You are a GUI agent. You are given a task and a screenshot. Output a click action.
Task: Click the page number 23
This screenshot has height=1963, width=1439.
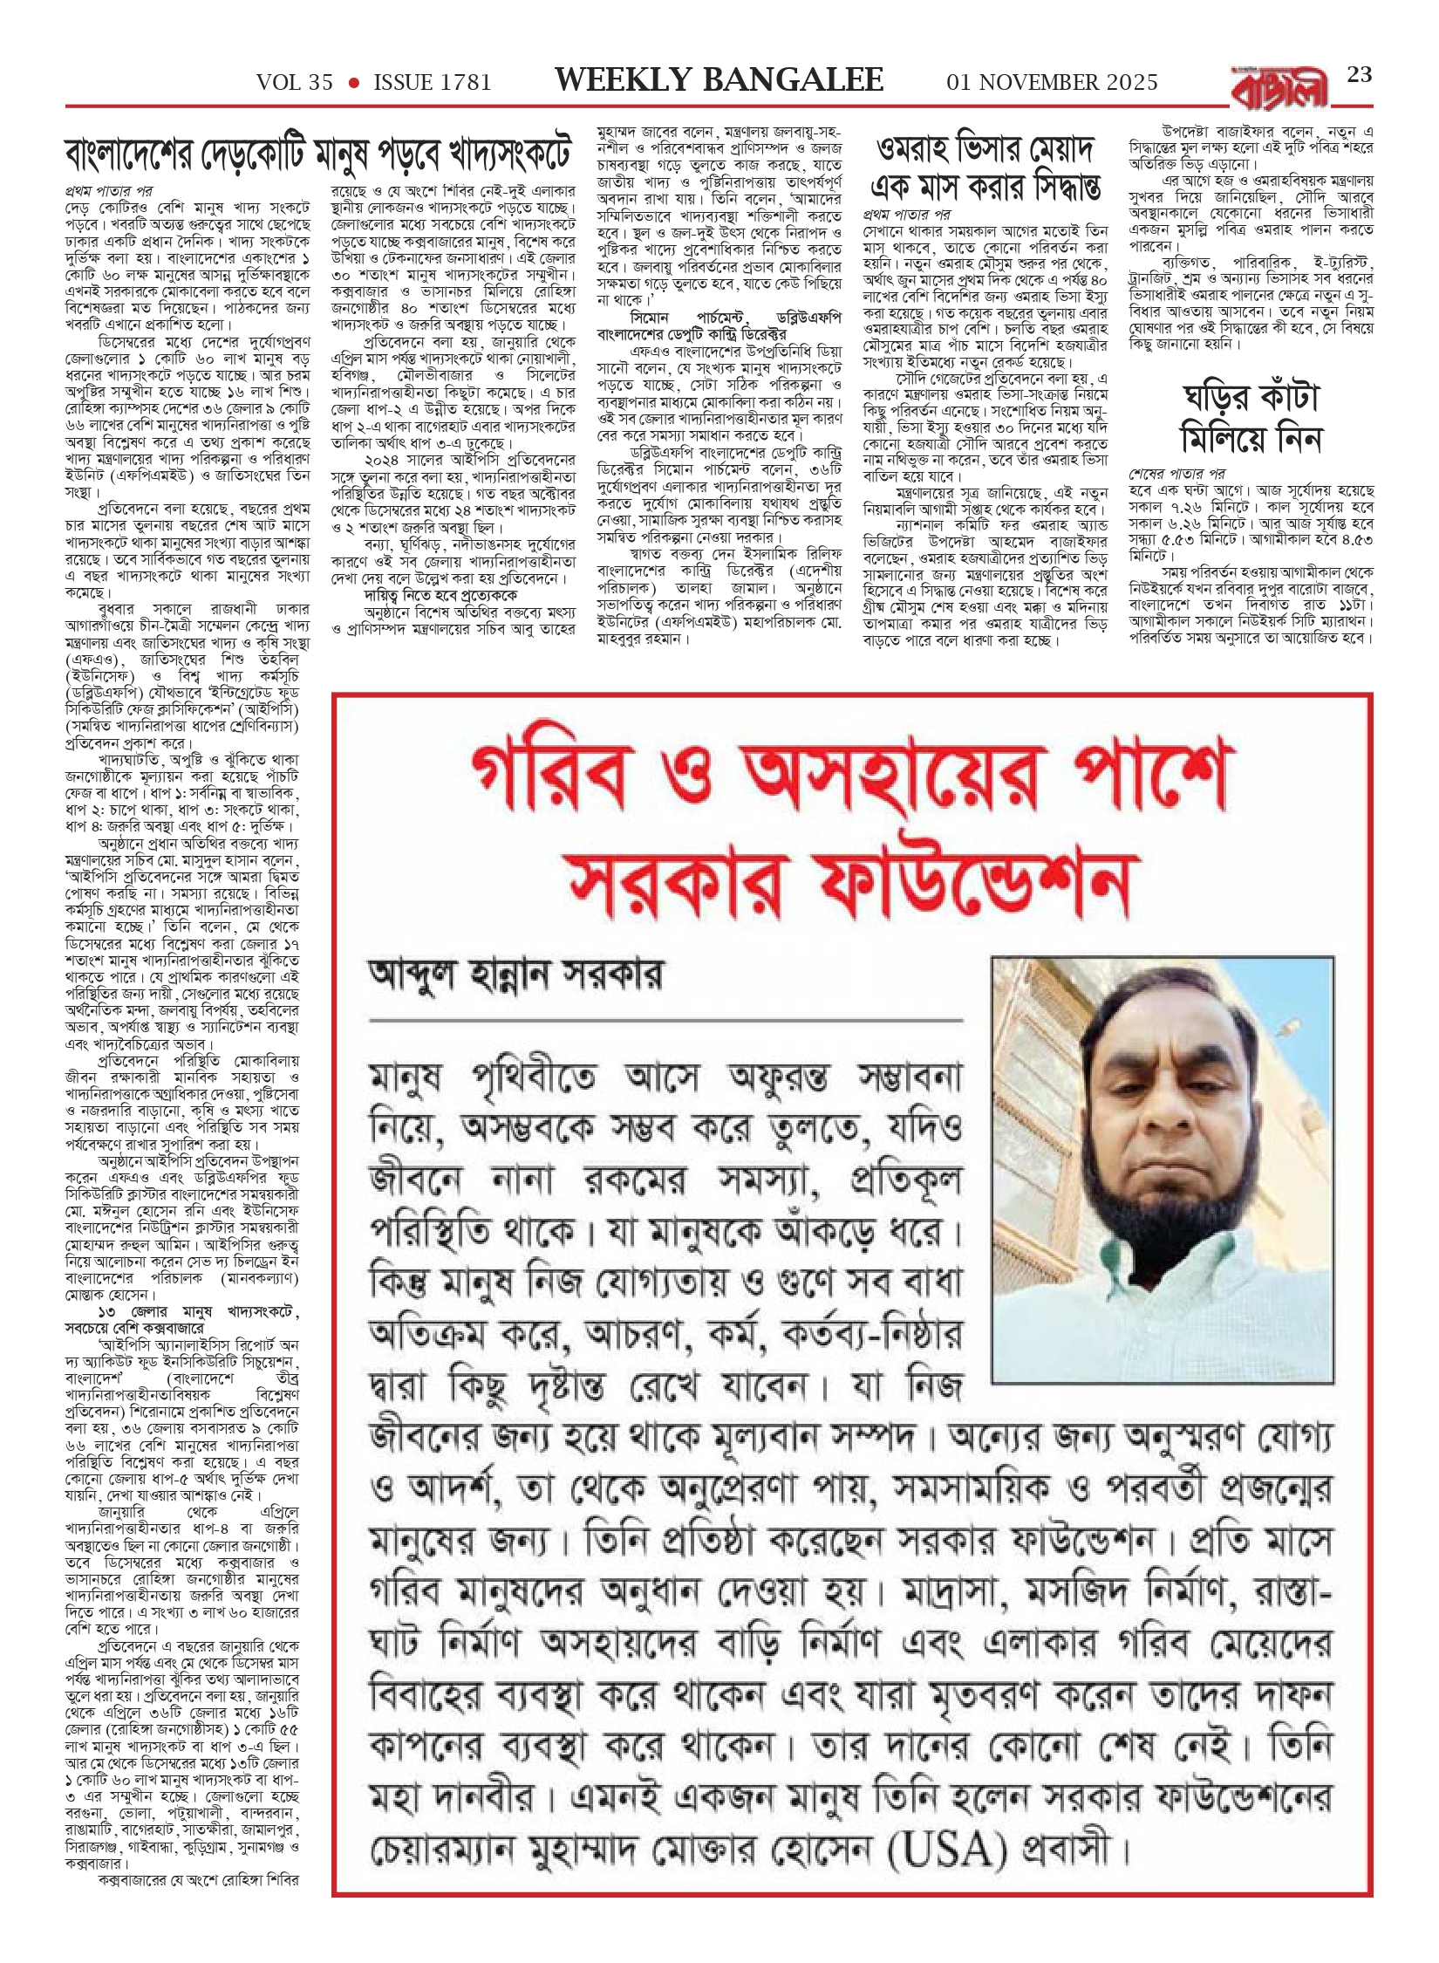[x=1359, y=75]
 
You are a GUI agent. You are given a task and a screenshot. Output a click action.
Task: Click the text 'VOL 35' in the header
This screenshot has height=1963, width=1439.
[x=294, y=83]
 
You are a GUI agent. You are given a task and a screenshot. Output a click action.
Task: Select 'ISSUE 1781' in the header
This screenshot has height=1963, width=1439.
[x=433, y=83]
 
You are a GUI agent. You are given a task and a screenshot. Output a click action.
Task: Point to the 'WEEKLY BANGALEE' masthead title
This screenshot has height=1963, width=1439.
[x=719, y=80]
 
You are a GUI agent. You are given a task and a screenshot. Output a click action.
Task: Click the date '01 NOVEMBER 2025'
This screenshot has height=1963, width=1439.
[x=1052, y=83]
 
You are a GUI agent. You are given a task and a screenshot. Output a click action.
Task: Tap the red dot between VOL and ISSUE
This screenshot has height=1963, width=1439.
[x=354, y=83]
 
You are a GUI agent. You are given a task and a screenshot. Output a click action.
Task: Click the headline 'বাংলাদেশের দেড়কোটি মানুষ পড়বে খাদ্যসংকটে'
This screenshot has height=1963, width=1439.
[x=319, y=156]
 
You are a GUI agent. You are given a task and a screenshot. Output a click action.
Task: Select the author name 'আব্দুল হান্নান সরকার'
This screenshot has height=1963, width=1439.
[x=516, y=975]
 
